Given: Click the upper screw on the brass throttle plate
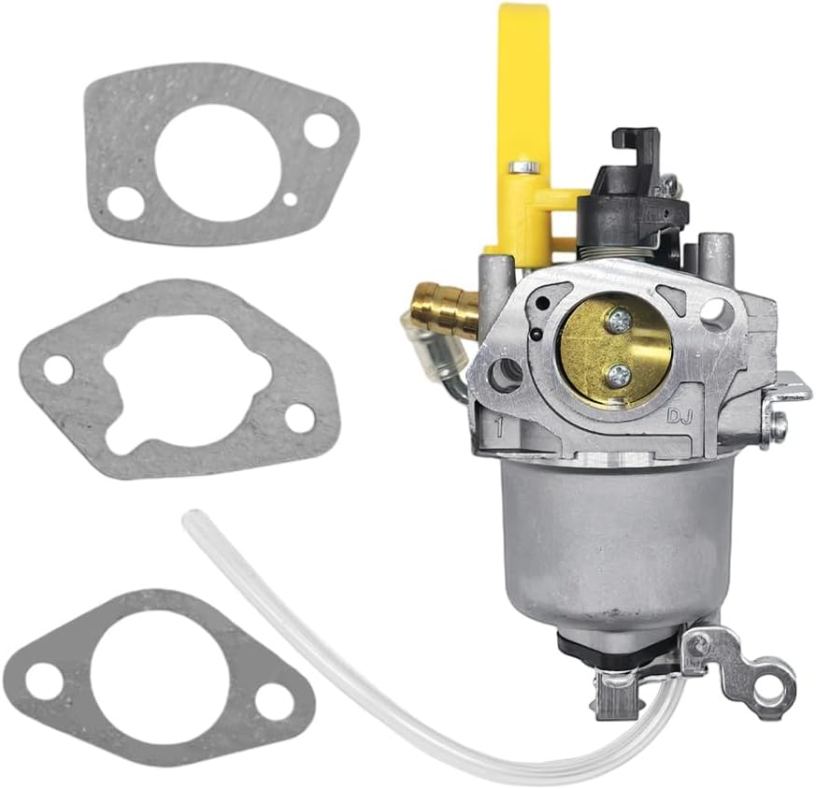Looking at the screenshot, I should (x=618, y=321).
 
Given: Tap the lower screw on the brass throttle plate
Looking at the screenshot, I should (x=618, y=375).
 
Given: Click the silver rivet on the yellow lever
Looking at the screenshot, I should (x=524, y=167).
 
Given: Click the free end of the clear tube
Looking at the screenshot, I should (x=191, y=520).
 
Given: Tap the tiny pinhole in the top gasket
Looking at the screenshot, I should (x=292, y=198).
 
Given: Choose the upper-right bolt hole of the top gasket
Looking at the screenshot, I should (x=321, y=129).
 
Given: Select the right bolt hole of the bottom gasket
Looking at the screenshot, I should (x=272, y=697).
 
